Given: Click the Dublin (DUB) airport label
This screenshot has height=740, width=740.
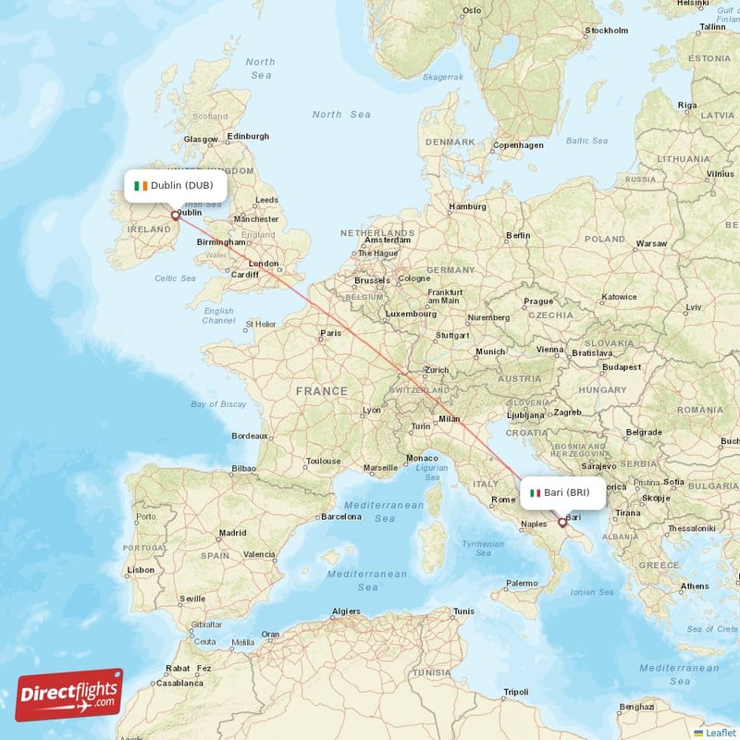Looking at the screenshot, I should (x=176, y=185).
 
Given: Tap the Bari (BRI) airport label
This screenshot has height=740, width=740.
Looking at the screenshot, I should (x=563, y=493).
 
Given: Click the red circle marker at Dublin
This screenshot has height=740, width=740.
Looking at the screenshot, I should (x=175, y=216).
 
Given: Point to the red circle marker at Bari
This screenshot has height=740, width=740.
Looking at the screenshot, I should (x=561, y=523).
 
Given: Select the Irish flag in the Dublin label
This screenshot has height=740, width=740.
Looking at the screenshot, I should (x=141, y=185).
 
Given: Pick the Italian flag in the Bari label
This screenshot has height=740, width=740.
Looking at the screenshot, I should (x=535, y=493).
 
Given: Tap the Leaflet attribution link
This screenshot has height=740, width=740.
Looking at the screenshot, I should (x=719, y=733).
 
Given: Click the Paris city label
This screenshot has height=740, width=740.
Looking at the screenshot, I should (x=330, y=333).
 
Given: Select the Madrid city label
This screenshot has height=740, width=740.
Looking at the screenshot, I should (x=232, y=533).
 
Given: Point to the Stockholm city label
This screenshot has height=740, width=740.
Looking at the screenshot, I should (x=607, y=31).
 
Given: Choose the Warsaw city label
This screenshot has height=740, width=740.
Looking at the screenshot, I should (x=651, y=243).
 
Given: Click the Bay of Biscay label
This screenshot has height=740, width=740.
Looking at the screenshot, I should (x=219, y=404).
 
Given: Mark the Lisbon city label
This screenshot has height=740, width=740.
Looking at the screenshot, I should (x=142, y=570).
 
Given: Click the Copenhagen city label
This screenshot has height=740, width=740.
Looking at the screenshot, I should (x=518, y=145).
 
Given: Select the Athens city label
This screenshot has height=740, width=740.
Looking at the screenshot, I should (x=695, y=586).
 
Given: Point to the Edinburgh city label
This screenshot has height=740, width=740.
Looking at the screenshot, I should (x=248, y=136).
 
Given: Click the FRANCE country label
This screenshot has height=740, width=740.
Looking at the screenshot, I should (x=321, y=391).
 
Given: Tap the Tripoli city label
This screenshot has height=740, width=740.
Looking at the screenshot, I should (x=515, y=692).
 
